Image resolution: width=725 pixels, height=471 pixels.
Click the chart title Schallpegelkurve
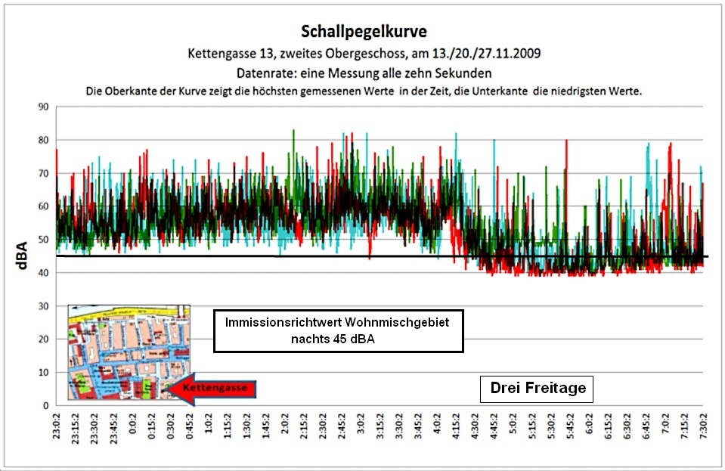(364, 31)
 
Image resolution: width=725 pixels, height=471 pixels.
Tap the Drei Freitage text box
(538, 389)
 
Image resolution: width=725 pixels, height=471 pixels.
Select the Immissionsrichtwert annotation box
(338, 330)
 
